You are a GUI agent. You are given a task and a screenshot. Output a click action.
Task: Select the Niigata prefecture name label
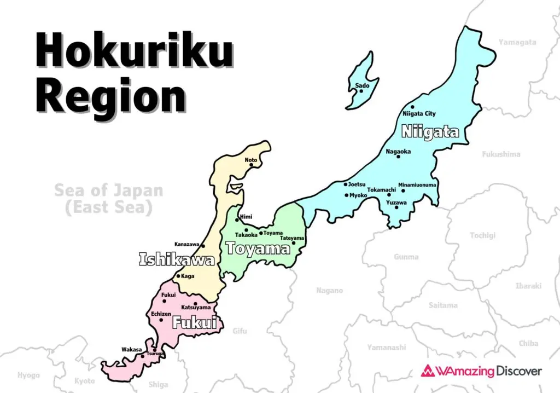pos(430,132)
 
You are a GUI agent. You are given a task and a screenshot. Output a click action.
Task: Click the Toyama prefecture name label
pos(258,249)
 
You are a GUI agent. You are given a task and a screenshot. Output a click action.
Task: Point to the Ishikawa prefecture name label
pos(177,259)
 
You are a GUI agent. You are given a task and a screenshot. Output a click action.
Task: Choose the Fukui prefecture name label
pos(194,323)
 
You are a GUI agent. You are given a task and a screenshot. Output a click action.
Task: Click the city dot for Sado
pos(361,91)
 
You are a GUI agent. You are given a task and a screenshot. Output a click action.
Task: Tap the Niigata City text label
pos(419,114)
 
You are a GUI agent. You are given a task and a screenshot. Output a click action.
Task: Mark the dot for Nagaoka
pos(398,157)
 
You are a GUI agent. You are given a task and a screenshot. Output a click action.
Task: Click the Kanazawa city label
pos(187,244)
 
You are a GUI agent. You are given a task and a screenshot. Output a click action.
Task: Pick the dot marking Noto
pos(251,165)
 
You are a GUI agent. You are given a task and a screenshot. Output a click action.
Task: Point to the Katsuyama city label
pos(196,308)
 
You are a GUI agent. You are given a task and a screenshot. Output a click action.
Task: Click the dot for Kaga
pos(178,276)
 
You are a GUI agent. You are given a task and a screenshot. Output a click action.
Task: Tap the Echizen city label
pos(161,314)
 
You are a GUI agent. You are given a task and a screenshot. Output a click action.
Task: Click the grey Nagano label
pos(329,291)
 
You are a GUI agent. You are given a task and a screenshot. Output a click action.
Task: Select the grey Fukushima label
pos(501,154)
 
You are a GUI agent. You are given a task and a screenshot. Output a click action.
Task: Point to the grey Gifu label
pos(240,331)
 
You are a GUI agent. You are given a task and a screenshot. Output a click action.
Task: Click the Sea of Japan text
pos(108,191)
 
